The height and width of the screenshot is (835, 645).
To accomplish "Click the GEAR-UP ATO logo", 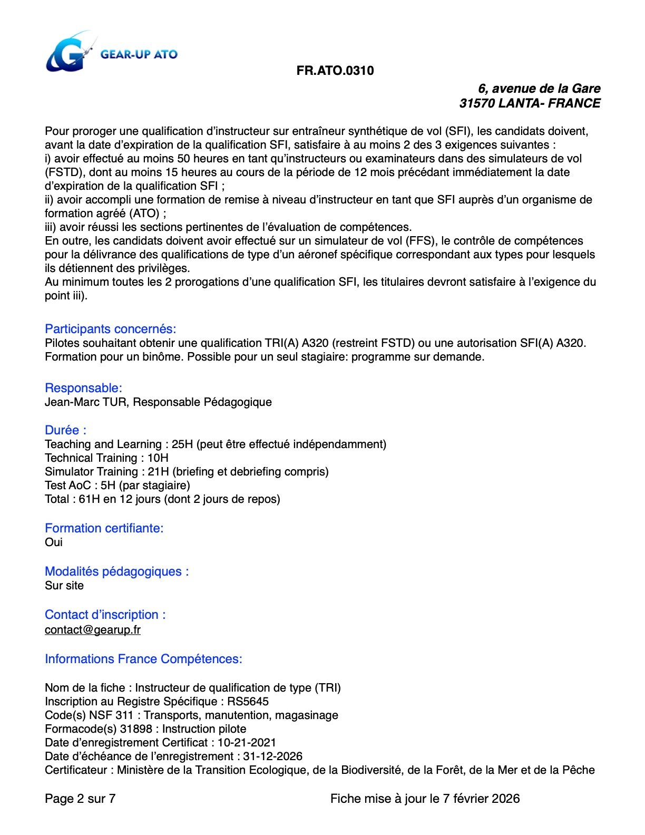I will click(111, 53).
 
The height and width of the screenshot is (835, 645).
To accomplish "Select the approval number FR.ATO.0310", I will click(335, 71).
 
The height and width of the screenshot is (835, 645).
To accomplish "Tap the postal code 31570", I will click(476, 103).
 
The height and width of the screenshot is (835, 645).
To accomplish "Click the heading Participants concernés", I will click(110, 329).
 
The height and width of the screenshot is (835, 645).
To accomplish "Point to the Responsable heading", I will click(83, 388).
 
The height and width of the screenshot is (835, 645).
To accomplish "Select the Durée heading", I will click(65, 430).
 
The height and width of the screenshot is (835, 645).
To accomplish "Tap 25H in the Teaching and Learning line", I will click(182, 444).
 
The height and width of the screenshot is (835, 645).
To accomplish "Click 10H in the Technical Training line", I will click(158, 458).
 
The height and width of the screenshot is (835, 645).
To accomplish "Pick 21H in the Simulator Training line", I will click(158, 472).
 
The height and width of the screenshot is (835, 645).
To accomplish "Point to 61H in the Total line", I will click(89, 499).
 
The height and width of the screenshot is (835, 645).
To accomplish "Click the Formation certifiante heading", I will click(104, 528).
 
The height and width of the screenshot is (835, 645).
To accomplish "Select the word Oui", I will click(54, 542).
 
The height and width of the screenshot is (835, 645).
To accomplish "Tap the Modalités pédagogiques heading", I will click(116, 571).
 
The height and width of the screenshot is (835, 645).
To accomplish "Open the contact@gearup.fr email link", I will click(93, 630).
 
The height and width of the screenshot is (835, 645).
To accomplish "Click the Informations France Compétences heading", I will click(143, 659).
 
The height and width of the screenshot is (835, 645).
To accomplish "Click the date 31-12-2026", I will click(272, 756).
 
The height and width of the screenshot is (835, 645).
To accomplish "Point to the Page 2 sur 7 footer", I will click(80, 799).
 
